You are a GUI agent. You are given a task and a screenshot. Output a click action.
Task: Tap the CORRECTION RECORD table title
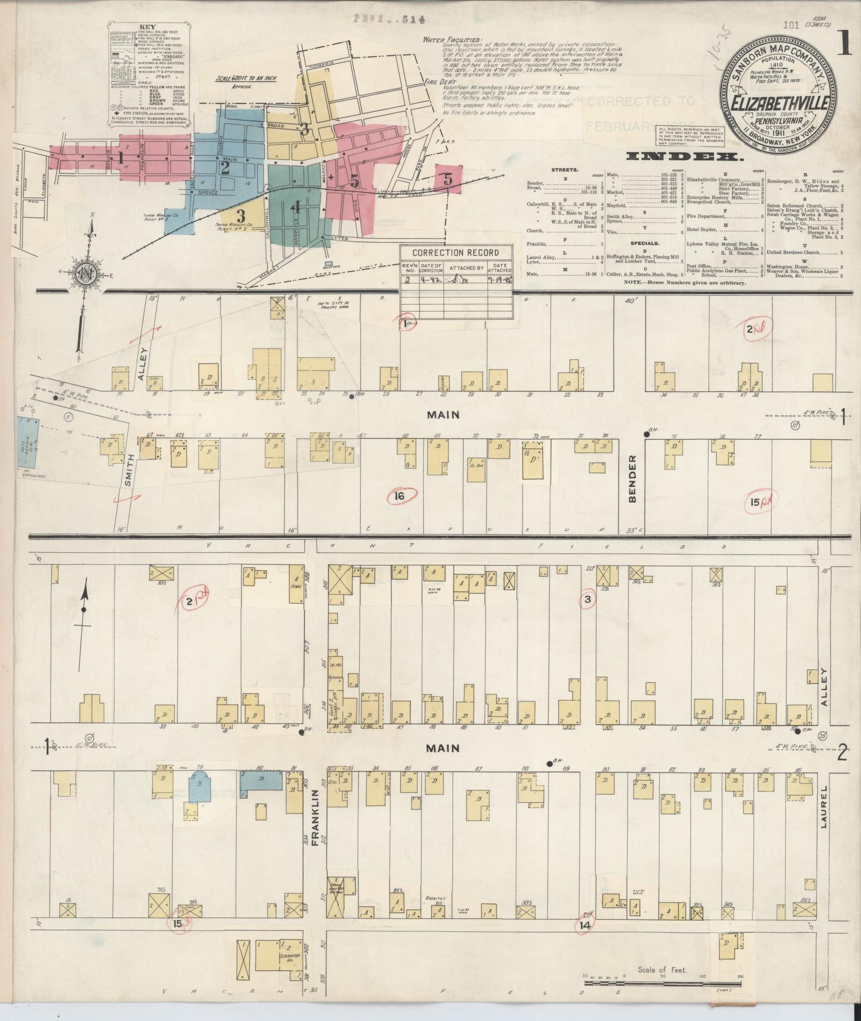tap(456, 253)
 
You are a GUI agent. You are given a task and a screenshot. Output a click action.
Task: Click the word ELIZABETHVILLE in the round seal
tap(776, 103)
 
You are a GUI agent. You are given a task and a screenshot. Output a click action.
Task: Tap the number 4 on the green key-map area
tap(296, 209)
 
